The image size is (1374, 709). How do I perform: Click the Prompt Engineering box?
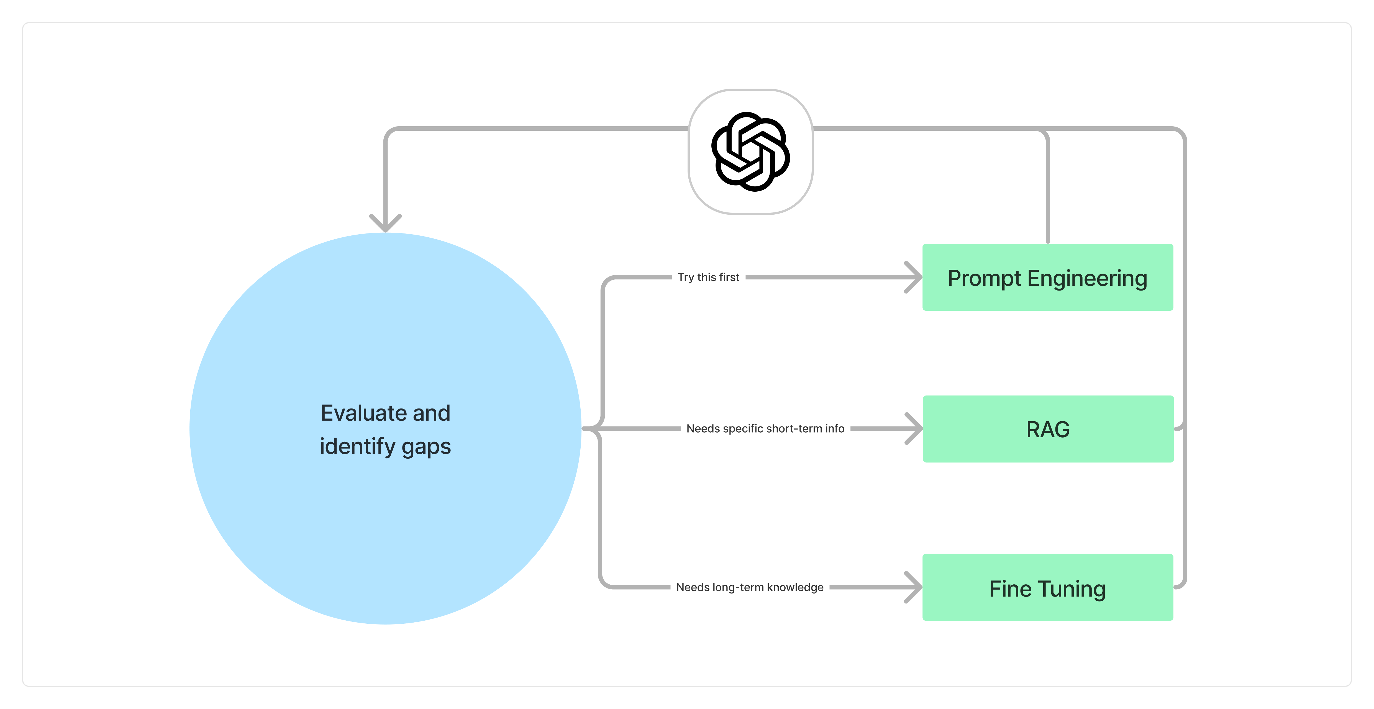1048,277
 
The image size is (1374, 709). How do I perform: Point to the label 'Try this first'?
708,277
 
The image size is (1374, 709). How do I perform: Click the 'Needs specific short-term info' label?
765,429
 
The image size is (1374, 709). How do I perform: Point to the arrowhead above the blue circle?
385,223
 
